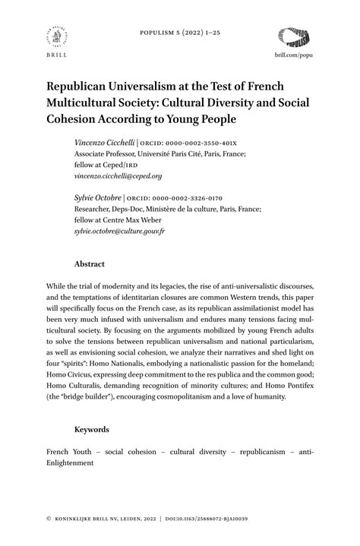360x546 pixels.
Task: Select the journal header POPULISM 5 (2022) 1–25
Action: (179, 35)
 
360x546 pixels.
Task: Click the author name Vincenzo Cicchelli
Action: (104, 143)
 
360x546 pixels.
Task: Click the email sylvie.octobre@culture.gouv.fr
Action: (119, 229)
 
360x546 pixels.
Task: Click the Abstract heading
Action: (90, 264)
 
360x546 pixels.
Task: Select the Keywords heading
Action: (92, 429)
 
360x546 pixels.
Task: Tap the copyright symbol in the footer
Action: (49, 518)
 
